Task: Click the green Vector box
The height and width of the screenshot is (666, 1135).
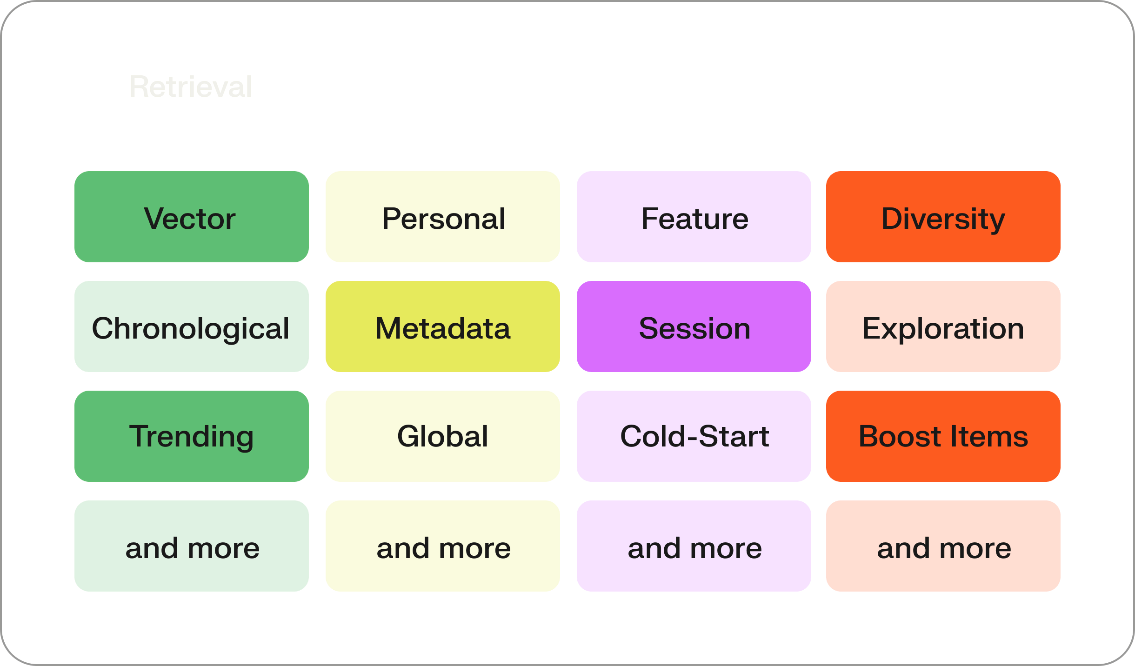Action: (x=191, y=217)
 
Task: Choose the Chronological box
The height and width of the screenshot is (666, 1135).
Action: (x=191, y=326)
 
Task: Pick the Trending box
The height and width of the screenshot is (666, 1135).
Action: (x=191, y=436)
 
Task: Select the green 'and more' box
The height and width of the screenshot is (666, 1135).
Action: (x=191, y=546)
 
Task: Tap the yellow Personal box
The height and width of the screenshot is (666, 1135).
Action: (x=442, y=217)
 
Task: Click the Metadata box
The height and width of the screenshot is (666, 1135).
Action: (x=442, y=326)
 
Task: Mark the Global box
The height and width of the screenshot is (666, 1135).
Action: (x=442, y=436)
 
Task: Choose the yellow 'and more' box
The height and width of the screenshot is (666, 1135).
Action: (x=442, y=546)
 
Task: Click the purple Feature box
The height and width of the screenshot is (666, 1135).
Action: (x=694, y=217)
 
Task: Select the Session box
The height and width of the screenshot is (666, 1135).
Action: (x=694, y=326)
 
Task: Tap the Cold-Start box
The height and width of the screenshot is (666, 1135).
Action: (x=694, y=436)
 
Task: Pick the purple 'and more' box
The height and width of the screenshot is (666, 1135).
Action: (x=694, y=546)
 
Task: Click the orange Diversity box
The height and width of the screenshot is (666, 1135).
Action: (x=943, y=217)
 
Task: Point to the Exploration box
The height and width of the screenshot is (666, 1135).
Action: (x=943, y=326)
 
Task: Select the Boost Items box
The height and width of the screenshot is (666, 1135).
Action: (x=943, y=436)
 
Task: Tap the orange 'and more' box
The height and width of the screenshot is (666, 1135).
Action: (x=943, y=546)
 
